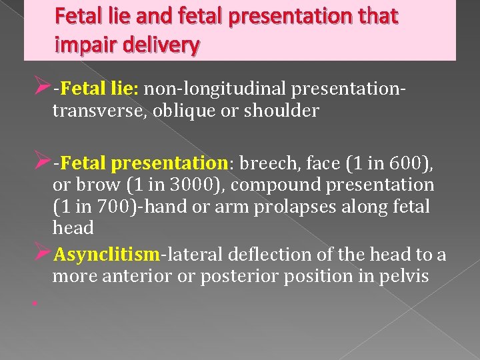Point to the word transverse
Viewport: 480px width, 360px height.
[x=97, y=111]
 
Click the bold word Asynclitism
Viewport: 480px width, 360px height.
[x=107, y=255]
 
